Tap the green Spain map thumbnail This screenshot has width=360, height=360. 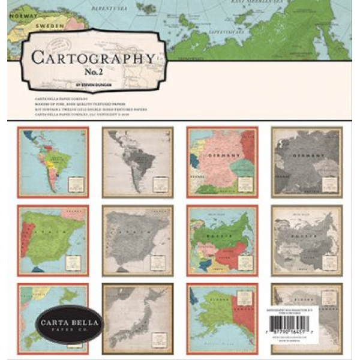(53, 241)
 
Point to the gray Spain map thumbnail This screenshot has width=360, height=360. (137, 241)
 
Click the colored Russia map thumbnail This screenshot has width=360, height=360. (222, 241)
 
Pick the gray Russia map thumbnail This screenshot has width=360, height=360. (306, 241)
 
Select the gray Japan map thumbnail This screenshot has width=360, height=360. (137, 318)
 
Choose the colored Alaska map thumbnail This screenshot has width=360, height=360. (222, 318)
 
